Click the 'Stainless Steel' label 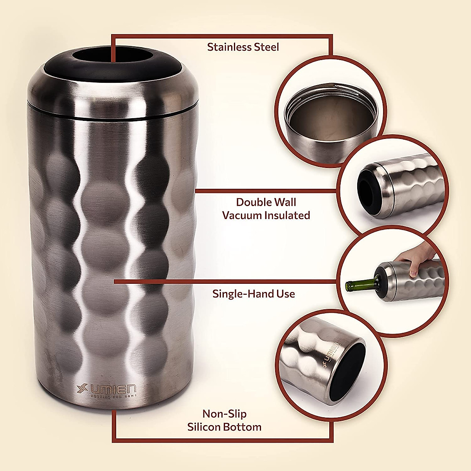point(243,47)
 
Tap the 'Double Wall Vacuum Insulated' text point(266,209)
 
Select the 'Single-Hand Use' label point(254,294)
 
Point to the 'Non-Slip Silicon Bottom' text point(225,420)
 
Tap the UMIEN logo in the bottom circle point(330,356)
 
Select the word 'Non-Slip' point(225,414)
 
